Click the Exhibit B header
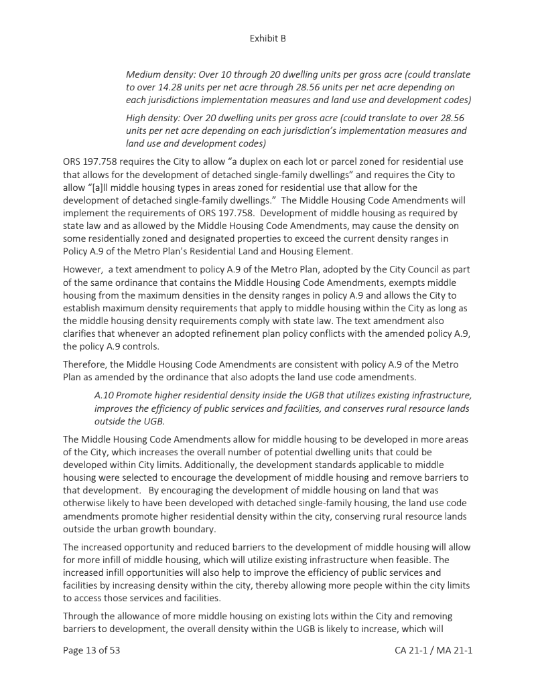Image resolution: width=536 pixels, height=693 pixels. [x=267, y=38]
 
